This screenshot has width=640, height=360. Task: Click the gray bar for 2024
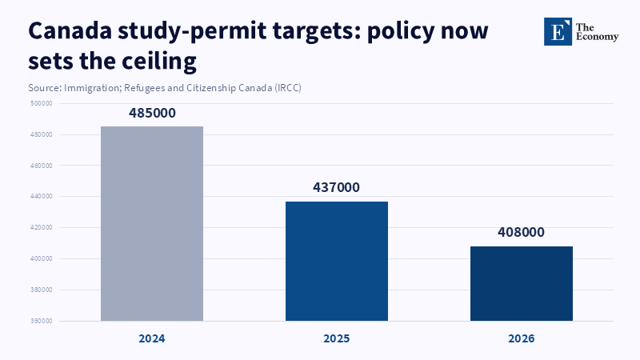coord(152,223)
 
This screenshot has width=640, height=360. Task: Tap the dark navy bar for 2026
coord(521,283)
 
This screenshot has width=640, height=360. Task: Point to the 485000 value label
coord(152,114)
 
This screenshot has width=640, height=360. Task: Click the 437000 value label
coord(337,188)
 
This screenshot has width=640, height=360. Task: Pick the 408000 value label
coord(521,233)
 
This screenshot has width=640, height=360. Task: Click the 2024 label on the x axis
coord(152,338)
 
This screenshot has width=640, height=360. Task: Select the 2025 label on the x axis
coord(337,338)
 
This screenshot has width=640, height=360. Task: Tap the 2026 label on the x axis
coord(521,338)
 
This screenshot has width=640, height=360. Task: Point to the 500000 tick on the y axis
coord(42,103)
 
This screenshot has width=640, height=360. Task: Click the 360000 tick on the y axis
coord(42,321)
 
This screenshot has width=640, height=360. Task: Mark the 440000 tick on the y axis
coord(42,196)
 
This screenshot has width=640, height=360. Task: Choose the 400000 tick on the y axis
coord(42,258)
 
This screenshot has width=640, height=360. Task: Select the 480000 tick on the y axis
coord(42,134)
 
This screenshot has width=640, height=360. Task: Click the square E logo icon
coord(558,31)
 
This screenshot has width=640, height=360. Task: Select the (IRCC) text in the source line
coord(287,87)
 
